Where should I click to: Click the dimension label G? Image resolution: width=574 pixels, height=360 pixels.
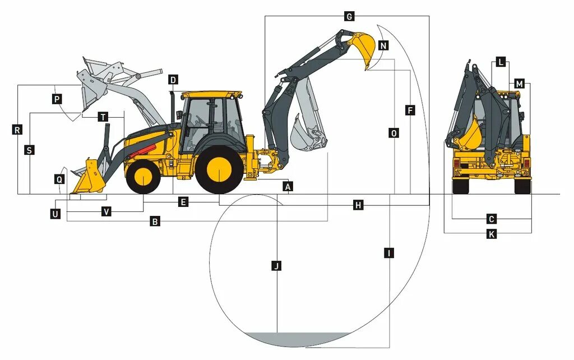pyautogui.click(x=349, y=16)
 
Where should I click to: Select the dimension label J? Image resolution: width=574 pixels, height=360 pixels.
pyautogui.click(x=276, y=266)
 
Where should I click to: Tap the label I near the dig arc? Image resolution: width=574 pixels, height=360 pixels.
pyautogui.click(x=388, y=253)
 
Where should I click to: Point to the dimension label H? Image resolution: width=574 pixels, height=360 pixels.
pyautogui.click(x=358, y=205)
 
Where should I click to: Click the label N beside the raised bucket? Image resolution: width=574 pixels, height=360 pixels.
pyautogui.click(x=383, y=45)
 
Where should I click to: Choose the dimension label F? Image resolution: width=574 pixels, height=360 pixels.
pyautogui.click(x=410, y=110)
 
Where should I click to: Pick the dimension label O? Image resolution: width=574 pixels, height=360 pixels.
pyautogui.click(x=394, y=133)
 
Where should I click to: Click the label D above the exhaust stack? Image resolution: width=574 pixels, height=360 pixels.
pyautogui.click(x=173, y=80)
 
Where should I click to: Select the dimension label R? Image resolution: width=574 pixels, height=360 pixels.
pyautogui.click(x=17, y=130)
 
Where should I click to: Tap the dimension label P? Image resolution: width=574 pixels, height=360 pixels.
pyautogui.click(x=57, y=99)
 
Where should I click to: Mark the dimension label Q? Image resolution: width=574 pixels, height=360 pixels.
pyautogui.click(x=59, y=179)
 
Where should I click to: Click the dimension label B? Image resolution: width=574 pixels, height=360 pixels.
pyautogui.click(x=155, y=221)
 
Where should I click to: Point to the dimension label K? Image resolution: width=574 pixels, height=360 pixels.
pyautogui.click(x=492, y=234)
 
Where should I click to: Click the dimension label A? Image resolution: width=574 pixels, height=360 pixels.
pyautogui.click(x=288, y=186)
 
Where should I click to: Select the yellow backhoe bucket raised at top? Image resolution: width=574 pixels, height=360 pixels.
pyautogui.click(x=363, y=47)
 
